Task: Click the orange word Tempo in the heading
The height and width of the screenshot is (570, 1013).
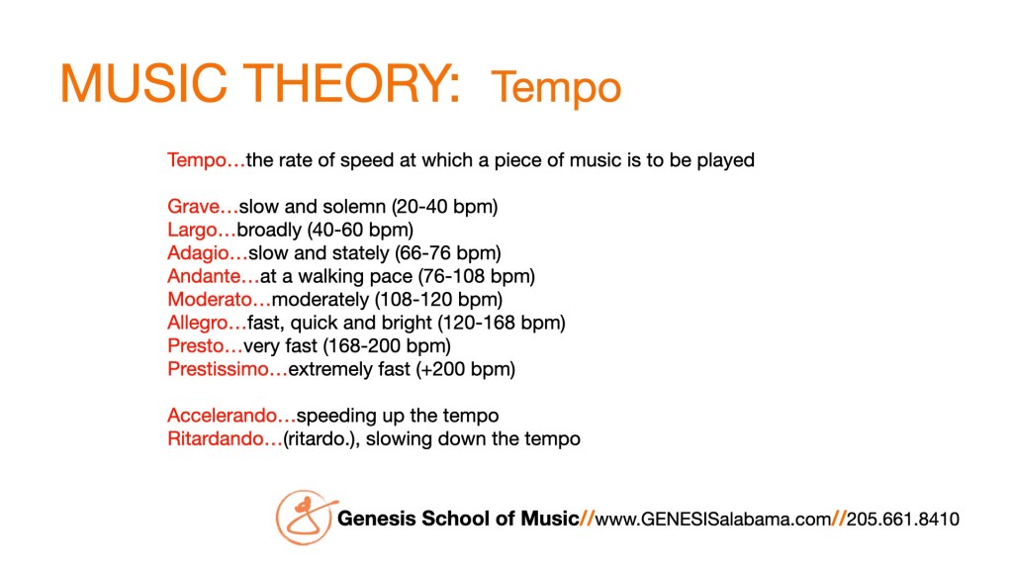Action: [556, 88]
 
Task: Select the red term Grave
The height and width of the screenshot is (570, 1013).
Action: [194, 207]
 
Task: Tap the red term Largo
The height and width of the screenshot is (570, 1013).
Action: [193, 230]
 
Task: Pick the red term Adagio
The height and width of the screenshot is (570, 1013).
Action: [198, 253]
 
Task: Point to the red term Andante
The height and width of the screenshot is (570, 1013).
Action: [204, 276]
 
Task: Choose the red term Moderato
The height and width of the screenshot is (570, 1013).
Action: [210, 299]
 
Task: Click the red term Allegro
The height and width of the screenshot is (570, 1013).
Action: [198, 324]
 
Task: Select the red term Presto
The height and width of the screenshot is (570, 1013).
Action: [196, 345]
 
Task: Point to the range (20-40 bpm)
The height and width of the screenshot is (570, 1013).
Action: [444, 207]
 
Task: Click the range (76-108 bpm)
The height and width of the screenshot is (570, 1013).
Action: [477, 277]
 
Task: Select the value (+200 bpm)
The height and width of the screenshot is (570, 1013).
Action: [466, 370]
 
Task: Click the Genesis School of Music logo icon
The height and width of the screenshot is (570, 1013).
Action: [305, 517]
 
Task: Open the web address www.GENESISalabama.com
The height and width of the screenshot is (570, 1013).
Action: [713, 519]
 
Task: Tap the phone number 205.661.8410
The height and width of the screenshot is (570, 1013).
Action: [903, 519]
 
